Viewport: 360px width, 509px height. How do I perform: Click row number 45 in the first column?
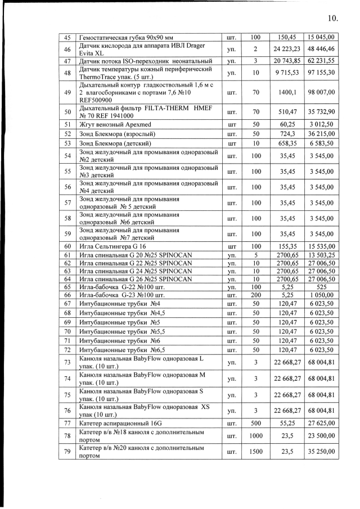tap(67, 38)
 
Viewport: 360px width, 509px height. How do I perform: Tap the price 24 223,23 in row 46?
tap(287, 49)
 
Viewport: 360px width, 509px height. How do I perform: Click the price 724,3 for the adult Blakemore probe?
tap(287, 134)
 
